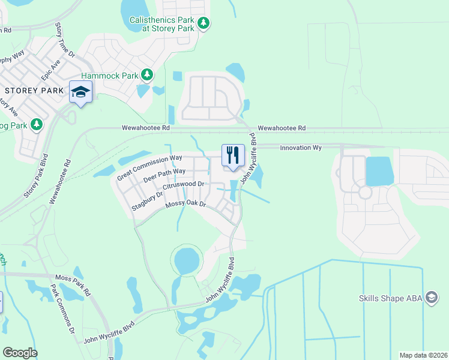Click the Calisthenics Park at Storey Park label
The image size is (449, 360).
pyautogui.click(x=161, y=24)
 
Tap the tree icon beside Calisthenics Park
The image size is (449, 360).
pyautogui.click(x=204, y=23)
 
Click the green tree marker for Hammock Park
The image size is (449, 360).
pyautogui.click(x=146, y=75)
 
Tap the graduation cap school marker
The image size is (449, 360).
pyautogui.click(x=80, y=92)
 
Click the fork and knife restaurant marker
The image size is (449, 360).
pyautogui.click(x=233, y=155)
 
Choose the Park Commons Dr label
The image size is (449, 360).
pyautogui.click(x=62, y=308)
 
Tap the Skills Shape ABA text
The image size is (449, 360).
pyautogui.click(x=390, y=298)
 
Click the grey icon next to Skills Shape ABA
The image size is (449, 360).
pyautogui.click(x=430, y=298)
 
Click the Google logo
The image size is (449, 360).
pyautogui.click(x=20, y=353)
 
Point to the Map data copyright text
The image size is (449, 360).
pyautogui.click(x=423, y=355)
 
